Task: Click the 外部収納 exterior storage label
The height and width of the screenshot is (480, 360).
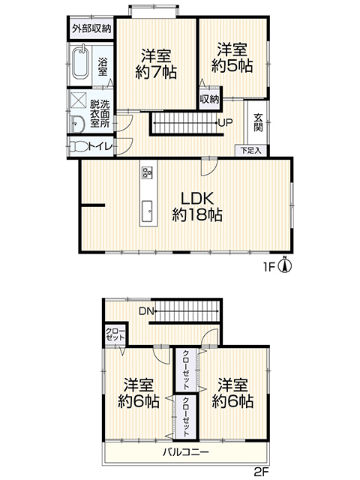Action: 91,28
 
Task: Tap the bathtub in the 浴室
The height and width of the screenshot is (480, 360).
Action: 81,63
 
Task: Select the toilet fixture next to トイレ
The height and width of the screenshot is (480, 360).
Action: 79,147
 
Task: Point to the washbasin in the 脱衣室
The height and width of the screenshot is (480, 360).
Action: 76,124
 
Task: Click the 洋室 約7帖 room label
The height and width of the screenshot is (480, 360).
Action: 156,64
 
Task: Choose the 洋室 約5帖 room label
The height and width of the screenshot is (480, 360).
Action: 232,58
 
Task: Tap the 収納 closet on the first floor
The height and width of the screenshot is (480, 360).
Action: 209,99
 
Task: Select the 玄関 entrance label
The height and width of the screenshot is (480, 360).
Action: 258,122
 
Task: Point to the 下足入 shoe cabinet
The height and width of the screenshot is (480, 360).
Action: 250,150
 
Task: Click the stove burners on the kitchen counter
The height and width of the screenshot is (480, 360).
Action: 147,173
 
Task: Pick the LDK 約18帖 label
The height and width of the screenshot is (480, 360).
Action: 197,207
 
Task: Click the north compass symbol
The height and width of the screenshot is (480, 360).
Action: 285,265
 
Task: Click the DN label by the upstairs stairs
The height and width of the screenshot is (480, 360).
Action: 146,311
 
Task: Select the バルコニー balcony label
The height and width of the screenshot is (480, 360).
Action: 186,451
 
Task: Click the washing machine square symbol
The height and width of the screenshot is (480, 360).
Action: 79,100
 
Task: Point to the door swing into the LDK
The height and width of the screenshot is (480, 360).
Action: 209,167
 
